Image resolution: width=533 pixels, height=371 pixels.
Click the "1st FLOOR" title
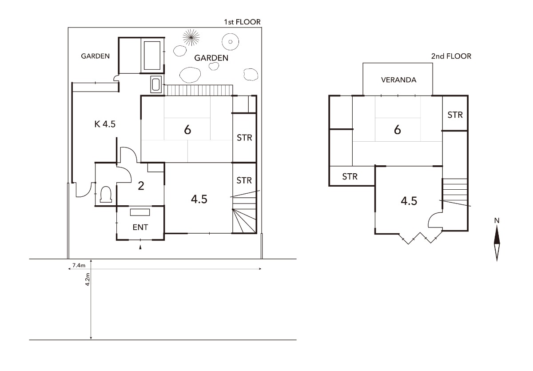click(242, 22)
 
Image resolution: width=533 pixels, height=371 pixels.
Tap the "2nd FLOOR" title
click(451, 56)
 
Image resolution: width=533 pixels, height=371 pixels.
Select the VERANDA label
click(398, 80)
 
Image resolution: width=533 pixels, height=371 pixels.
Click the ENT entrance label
click(140, 227)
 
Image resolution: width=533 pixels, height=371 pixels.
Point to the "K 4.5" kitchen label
click(105, 124)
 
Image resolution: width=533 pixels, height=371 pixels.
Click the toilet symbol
click(106, 195)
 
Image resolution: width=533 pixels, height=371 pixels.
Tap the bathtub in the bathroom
click(152, 56)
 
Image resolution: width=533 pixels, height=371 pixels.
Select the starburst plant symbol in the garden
click(191, 37)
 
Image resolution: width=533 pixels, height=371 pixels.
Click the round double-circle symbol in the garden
click(230, 42)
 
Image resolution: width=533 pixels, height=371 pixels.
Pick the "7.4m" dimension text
click(79, 265)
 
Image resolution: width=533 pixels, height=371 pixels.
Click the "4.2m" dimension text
click(88, 279)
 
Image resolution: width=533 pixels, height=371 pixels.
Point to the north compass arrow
click(497, 243)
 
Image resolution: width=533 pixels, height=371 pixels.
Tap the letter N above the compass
click(497, 221)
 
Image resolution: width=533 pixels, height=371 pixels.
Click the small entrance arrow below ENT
click(140, 247)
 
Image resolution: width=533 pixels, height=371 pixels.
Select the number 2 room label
click(141, 186)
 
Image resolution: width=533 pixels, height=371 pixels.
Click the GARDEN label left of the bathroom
click(95, 56)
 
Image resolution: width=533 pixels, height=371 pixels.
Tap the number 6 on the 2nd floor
click(398, 130)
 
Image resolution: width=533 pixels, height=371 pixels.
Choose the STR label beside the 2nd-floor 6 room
click(455, 115)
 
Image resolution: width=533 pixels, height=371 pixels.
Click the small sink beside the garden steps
click(156, 84)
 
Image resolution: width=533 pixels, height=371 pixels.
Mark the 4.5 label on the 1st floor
click(199, 199)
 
